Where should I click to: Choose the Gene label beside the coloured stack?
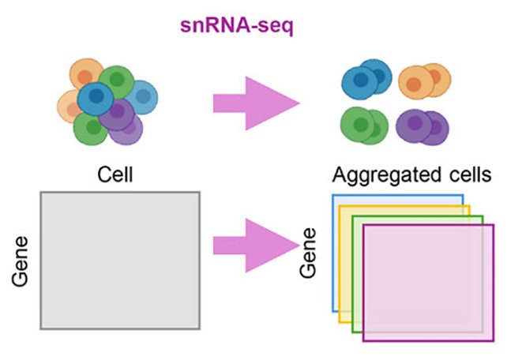pyautogui.click(x=310, y=254)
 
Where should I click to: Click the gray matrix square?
pyautogui.click(x=120, y=259)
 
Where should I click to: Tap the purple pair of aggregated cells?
pyautogui.click(x=422, y=126)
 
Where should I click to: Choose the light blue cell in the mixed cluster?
pyautogui.click(x=142, y=97)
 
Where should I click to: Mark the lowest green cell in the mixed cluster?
pyautogui.click(x=91, y=128)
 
